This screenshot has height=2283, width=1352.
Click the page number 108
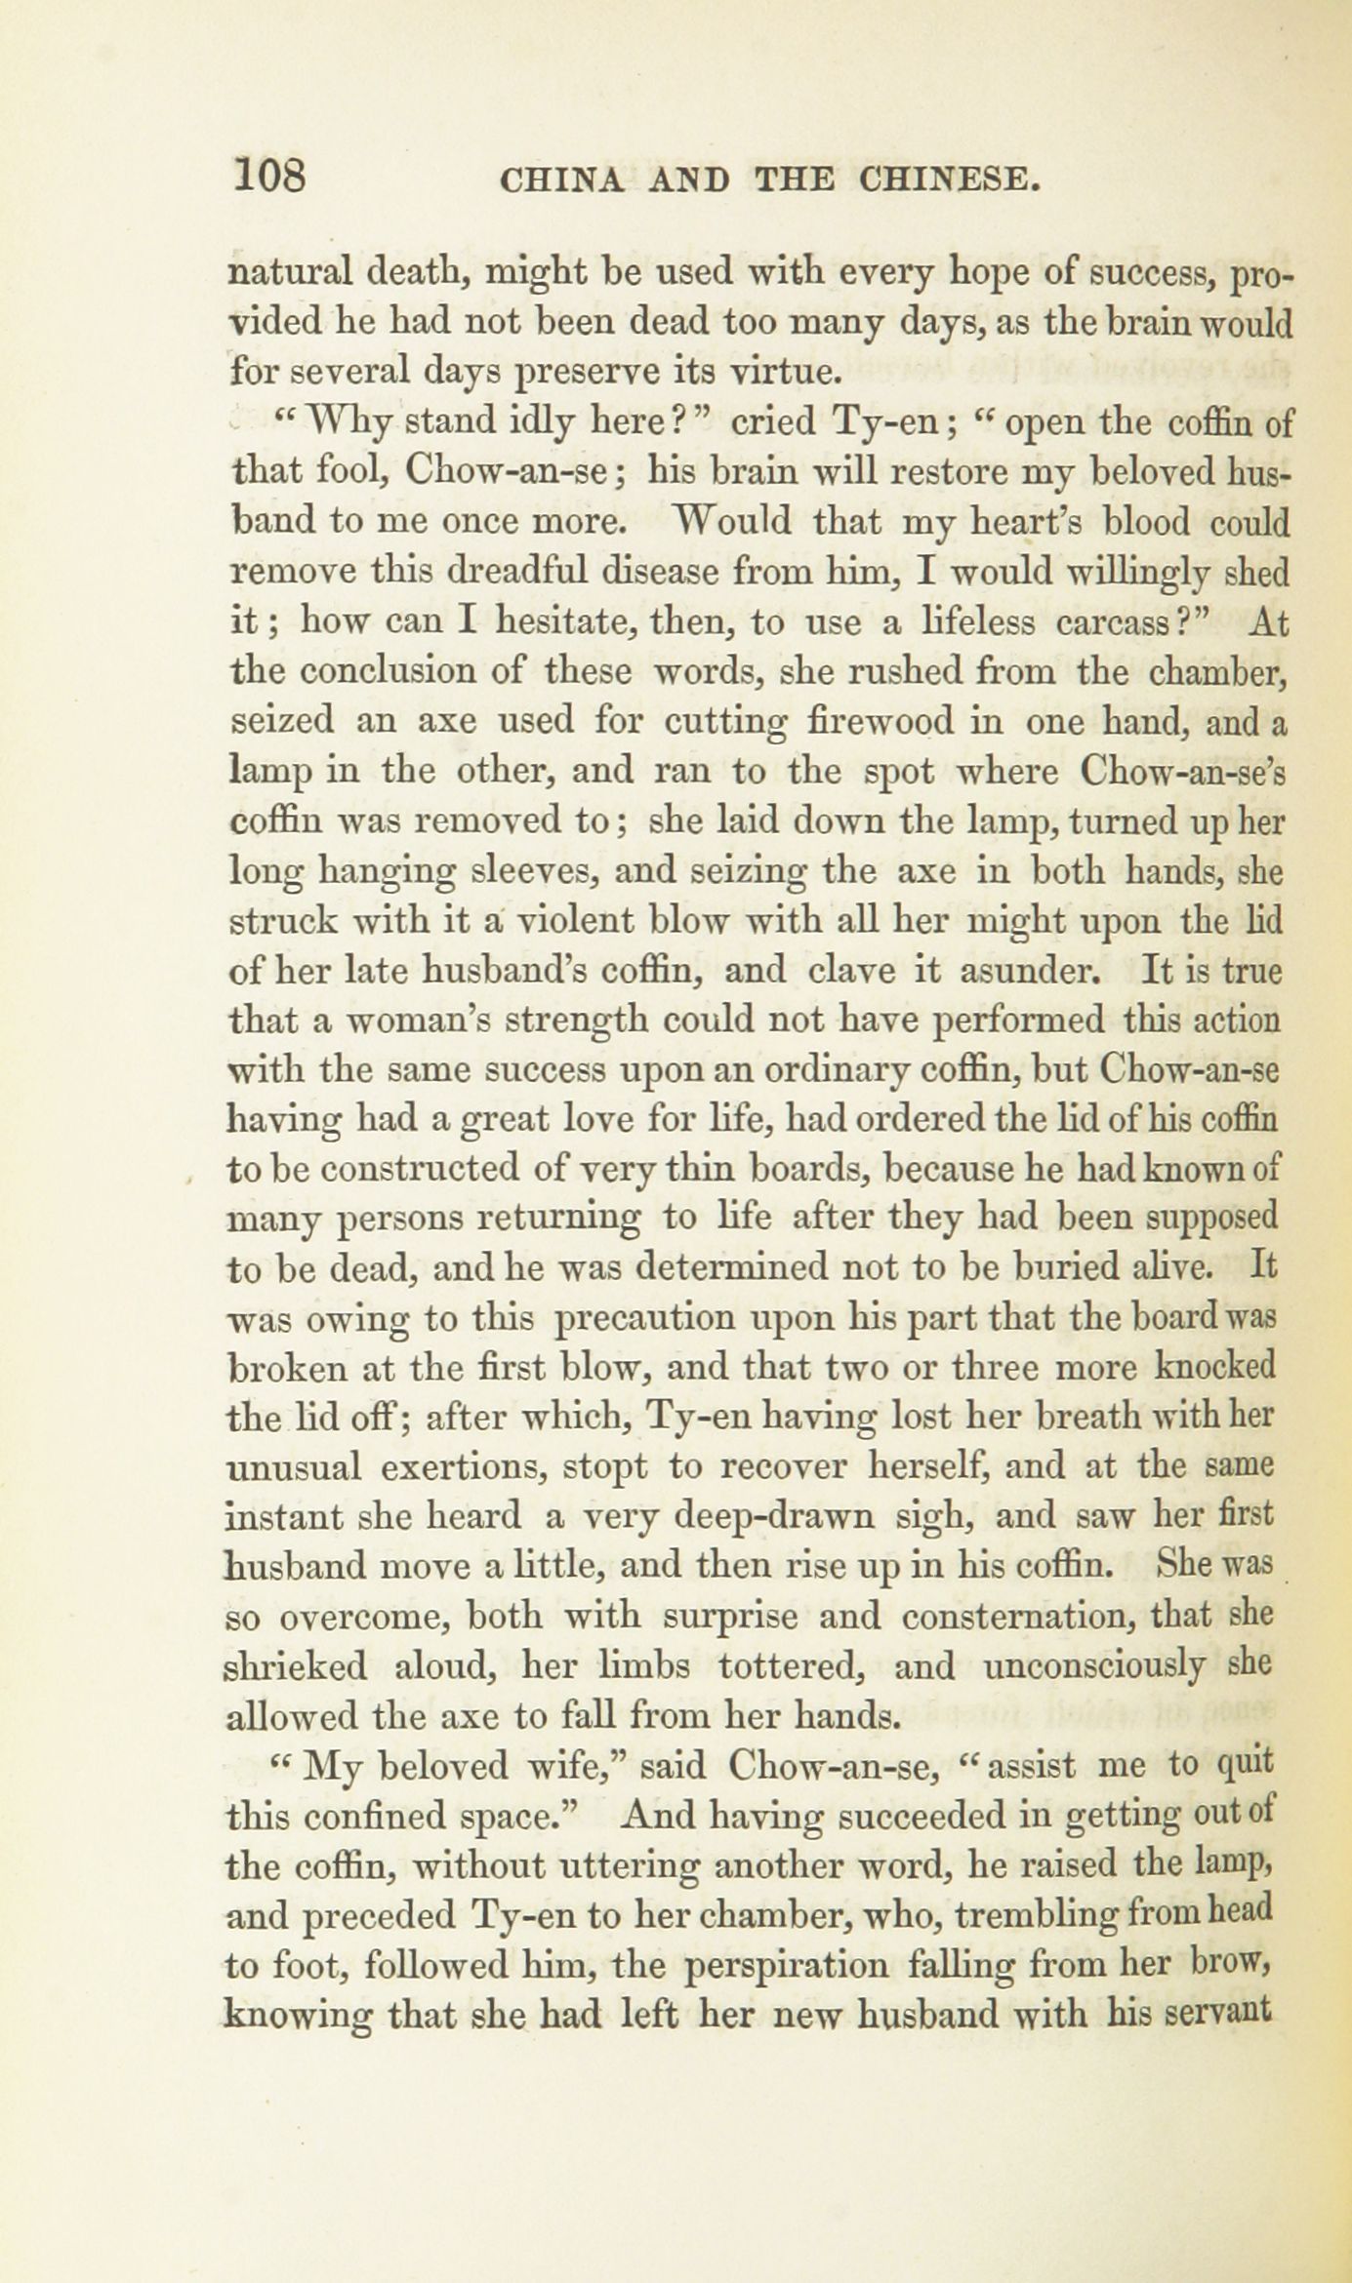click(x=270, y=179)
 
